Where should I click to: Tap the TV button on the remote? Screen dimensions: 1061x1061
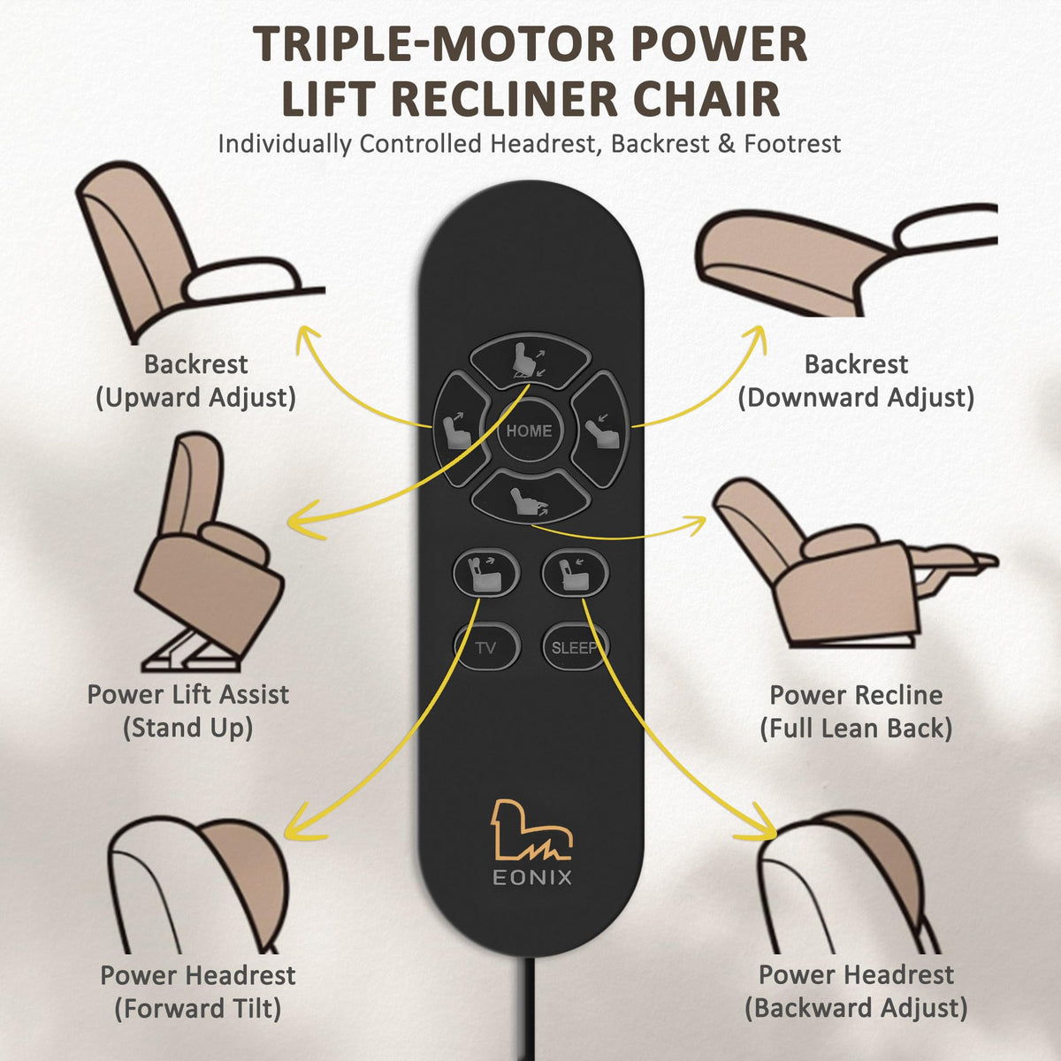486,646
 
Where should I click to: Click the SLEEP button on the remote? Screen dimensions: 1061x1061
576,646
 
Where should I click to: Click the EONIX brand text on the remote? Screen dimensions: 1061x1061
532,877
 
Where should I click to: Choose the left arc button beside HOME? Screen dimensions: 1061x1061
461,430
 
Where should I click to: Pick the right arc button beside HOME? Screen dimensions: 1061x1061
600,430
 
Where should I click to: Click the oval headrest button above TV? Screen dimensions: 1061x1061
486,573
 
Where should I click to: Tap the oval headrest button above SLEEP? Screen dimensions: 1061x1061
576,573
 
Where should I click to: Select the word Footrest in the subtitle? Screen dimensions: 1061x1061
792,144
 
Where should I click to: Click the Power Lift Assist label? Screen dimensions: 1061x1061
187,694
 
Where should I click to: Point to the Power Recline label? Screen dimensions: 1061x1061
856,695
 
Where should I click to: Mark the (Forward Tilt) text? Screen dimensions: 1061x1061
198,1009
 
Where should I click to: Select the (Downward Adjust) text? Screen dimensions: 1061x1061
856,398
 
